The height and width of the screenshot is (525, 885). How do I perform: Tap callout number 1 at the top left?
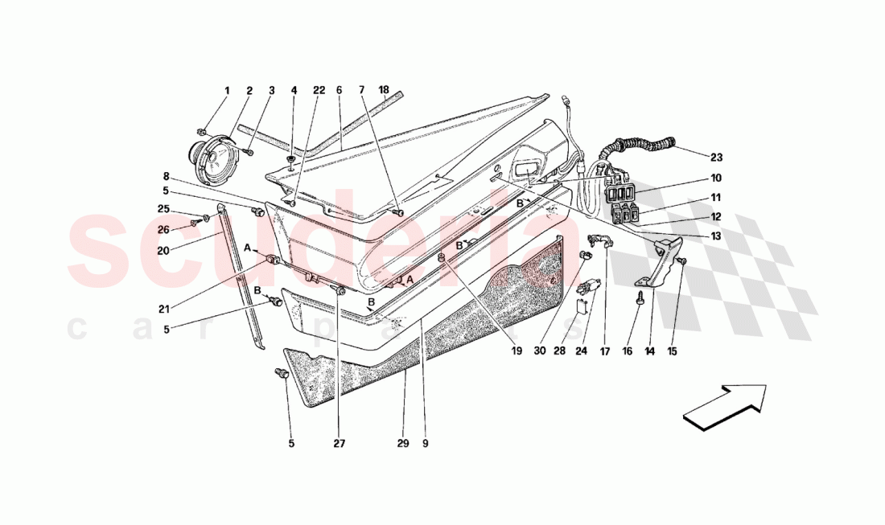pyautogui.click(x=227, y=91)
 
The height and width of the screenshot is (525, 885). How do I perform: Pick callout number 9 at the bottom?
pyautogui.click(x=425, y=443)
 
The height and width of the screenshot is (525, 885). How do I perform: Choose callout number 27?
pyautogui.click(x=339, y=443)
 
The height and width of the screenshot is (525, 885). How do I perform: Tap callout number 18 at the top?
pyautogui.click(x=384, y=91)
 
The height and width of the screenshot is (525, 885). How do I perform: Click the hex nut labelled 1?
pyautogui.click(x=203, y=130)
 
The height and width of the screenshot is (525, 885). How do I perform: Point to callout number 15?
pyautogui.click(x=673, y=351)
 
